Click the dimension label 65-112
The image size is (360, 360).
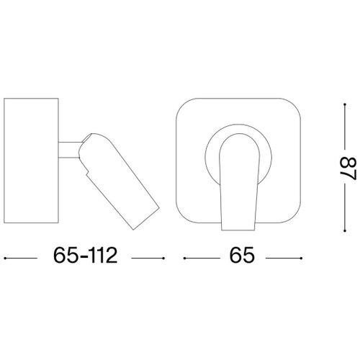click(x=85, y=256)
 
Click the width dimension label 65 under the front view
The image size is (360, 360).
click(x=242, y=256)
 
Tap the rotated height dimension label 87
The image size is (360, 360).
click(x=348, y=168)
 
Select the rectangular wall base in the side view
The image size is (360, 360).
click(x=31, y=161)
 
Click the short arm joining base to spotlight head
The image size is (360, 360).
click(x=69, y=150)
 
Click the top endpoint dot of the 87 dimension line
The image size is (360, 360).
click(x=345, y=104)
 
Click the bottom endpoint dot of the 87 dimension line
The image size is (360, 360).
click(x=345, y=231)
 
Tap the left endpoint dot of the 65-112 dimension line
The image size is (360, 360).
click(x=5, y=258)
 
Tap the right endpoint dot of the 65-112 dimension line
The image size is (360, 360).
click(x=163, y=258)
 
